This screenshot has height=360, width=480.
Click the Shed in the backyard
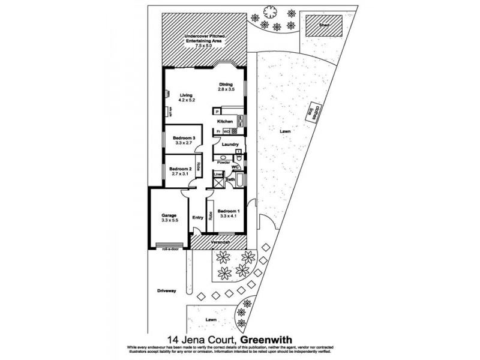click(x=323, y=26)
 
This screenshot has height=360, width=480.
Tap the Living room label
click(x=185, y=95)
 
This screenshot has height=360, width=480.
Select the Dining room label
click(x=225, y=84)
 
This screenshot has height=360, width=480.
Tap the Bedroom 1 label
click(x=229, y=211)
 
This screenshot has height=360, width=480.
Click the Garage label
click(x=170, y=215)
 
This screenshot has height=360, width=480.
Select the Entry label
click(x=197, y=218)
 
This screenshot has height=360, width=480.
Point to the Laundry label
click(x=230, y=145)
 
